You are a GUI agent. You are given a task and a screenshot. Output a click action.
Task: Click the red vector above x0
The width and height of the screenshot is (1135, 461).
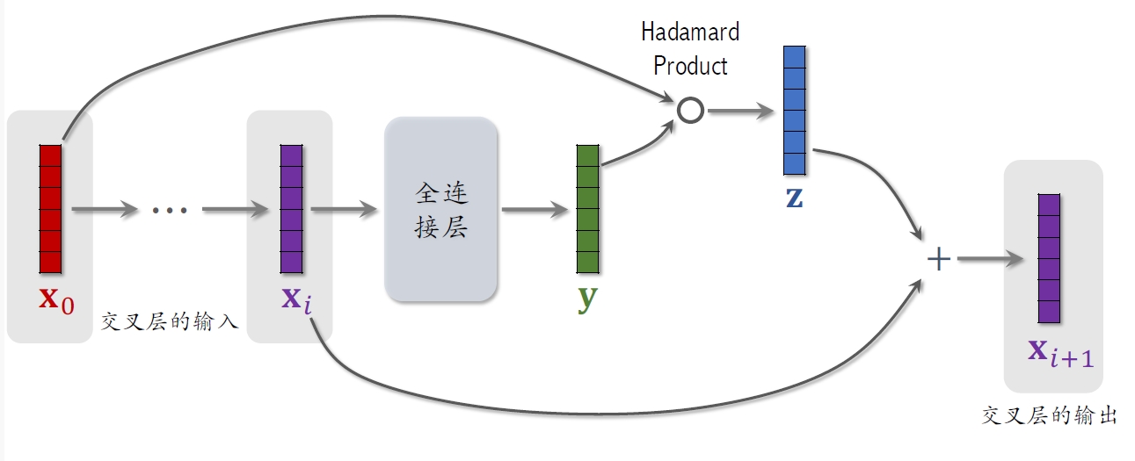pos(50,208)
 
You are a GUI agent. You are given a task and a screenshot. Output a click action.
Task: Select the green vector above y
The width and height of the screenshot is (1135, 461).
pos(587,208)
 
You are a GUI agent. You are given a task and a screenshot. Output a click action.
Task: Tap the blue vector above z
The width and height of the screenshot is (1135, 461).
pos(794,110)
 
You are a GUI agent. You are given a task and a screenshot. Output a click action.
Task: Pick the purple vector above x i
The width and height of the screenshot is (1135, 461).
pos(291,208)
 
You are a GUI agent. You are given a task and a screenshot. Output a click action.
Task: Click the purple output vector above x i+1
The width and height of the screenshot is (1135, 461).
pos(1049,258)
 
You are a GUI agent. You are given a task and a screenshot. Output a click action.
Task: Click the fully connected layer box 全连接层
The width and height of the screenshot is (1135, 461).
pos(441,210)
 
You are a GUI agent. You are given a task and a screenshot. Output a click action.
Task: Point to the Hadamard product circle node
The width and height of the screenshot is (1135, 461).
pos(690,110)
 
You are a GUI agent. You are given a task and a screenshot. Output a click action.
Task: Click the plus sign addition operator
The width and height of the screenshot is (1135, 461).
pos(939,259)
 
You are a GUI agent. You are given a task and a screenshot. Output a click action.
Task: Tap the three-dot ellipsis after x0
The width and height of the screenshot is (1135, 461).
pos(170,210)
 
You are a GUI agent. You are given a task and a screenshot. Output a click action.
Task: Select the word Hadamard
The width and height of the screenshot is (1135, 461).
pos(690,32)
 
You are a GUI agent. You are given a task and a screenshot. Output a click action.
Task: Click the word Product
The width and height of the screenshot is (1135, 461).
pos(690,65)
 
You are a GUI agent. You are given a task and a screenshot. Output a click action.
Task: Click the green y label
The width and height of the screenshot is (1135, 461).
pos(587,299)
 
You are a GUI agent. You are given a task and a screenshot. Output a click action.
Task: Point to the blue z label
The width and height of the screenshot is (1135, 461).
pos(794,197)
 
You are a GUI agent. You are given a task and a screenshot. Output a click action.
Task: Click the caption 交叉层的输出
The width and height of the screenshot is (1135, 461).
pos(1049,414)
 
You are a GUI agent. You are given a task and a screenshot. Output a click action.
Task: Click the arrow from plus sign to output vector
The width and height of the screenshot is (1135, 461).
pos(991,259)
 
